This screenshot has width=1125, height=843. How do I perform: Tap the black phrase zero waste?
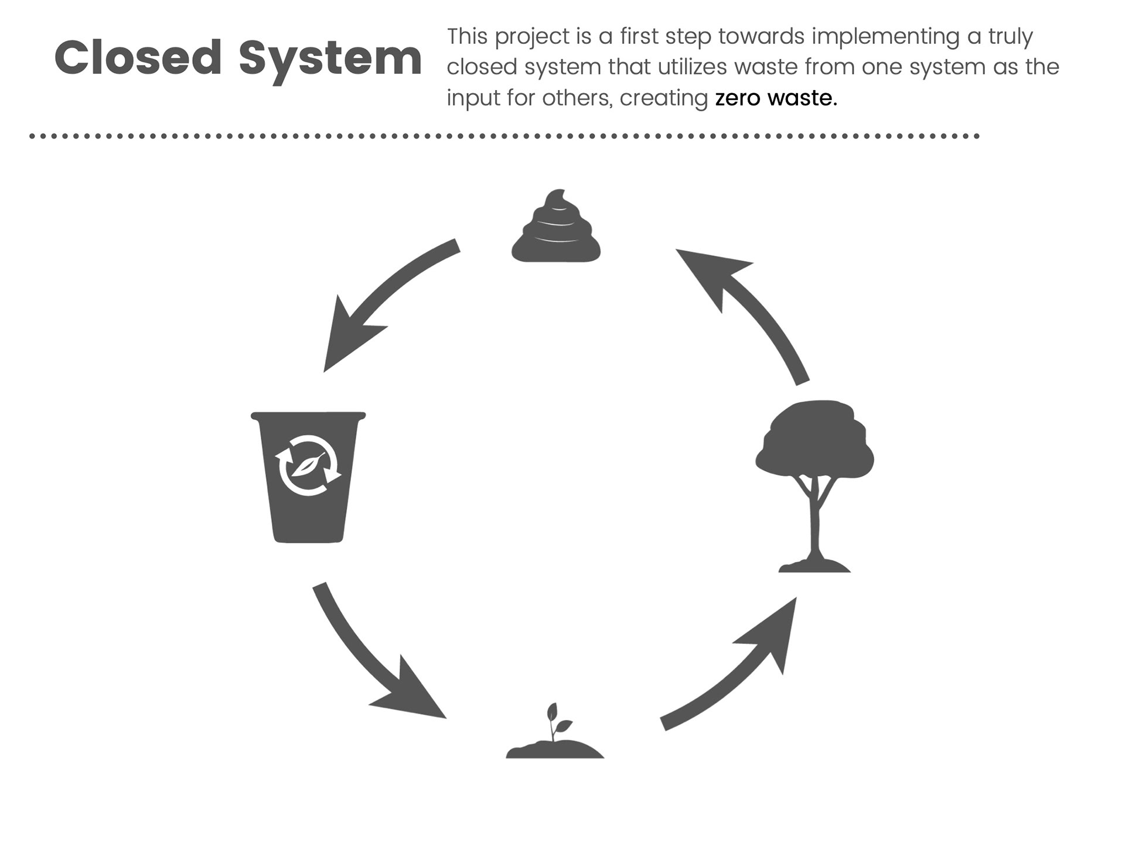pyautogui.click(x=776, y=98)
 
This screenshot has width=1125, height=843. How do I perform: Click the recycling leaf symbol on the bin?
pyautogui.click(x=308, y=465)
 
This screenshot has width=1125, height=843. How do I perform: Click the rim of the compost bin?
pyautogui.click(x=308, y=416)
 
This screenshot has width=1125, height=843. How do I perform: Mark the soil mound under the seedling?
pyautogui.click(x=555, y=750)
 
